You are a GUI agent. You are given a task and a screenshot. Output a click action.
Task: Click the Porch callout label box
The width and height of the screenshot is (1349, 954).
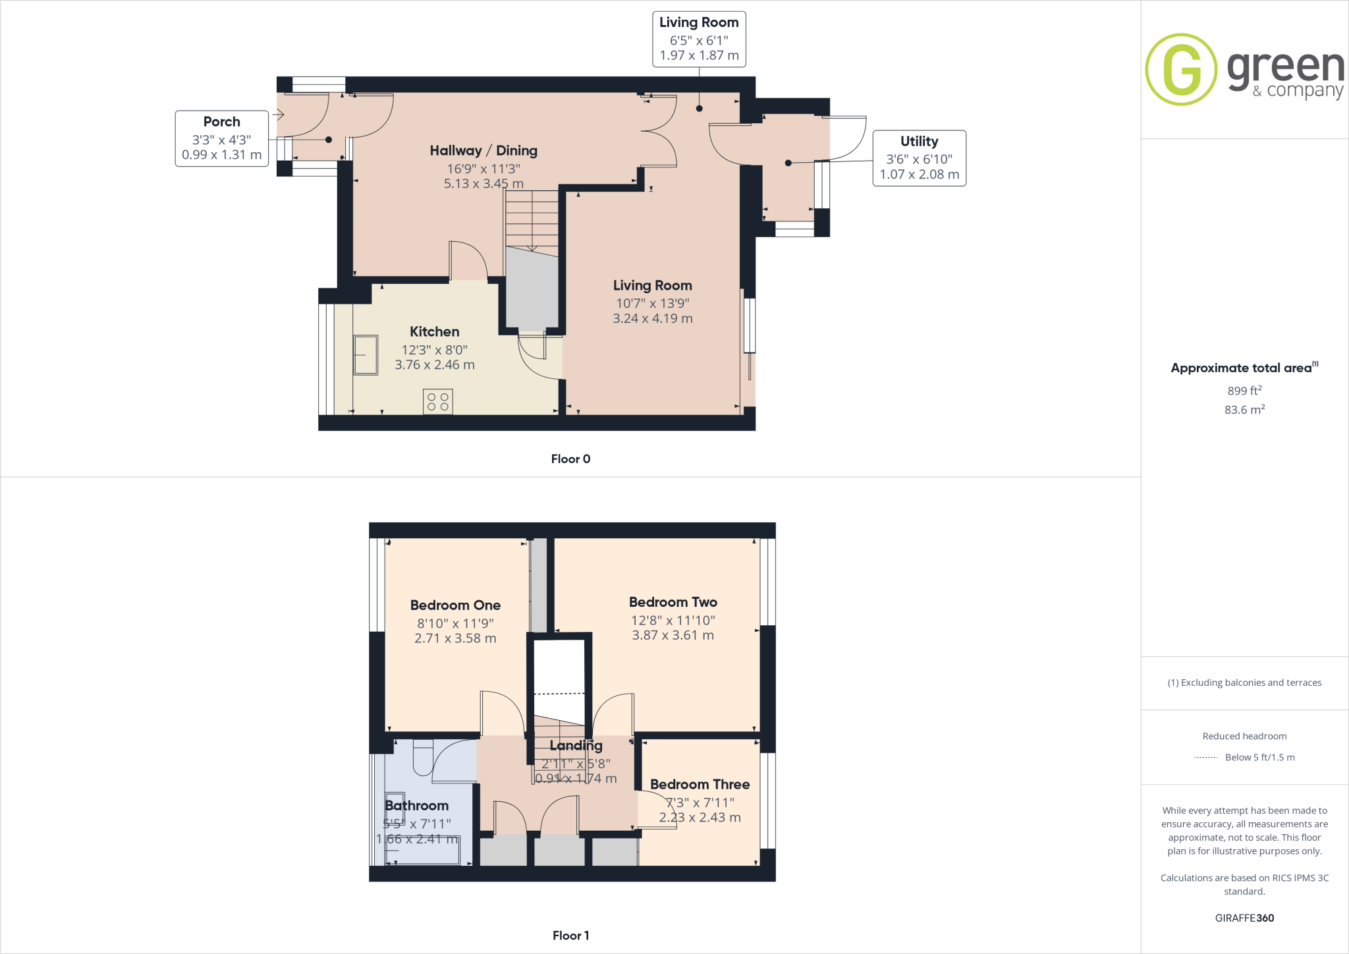point(221,138)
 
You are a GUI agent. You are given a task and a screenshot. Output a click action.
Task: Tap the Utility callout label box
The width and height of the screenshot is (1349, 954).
point(919,158)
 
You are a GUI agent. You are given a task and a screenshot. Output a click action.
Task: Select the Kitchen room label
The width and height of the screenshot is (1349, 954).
point(434,331)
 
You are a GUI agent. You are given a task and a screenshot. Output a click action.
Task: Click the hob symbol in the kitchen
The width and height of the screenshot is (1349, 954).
point(437,402)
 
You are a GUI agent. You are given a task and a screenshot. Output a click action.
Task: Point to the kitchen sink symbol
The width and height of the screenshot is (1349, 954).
point(366,355)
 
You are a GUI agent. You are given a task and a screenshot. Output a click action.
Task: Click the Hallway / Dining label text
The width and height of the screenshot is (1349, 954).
point(483,151)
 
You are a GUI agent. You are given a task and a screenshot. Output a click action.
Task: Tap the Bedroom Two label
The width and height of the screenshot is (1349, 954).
point(673,602)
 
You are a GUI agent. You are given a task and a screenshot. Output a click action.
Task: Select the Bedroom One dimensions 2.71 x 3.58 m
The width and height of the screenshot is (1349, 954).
point(455,638)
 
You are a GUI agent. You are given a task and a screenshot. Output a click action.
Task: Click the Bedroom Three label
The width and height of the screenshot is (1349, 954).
point(700,784)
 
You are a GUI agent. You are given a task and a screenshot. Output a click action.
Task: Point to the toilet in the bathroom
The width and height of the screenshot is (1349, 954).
point(423,758)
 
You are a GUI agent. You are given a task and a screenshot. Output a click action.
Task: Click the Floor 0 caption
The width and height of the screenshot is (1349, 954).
point(570,459)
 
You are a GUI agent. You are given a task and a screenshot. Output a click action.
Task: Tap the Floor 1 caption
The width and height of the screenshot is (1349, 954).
point(570,936)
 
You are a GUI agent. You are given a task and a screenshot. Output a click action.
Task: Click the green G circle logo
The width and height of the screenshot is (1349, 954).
point(1180,69)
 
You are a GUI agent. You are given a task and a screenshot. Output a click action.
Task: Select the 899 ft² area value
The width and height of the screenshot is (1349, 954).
point(1244,391)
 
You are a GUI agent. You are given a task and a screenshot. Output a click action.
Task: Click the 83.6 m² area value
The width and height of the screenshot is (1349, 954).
point(1244,410)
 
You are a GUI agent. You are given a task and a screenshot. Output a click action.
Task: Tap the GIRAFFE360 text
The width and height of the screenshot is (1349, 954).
point(1244,918)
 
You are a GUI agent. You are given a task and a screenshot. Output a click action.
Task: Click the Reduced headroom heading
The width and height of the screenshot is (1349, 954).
point(1244,736)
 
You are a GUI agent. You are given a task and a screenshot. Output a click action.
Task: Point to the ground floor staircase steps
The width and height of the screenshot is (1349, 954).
point(532,221)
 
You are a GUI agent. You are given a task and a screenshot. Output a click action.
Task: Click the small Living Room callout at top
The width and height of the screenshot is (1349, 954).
point(699,39)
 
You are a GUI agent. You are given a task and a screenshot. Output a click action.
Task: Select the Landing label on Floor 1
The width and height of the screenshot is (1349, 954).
point(576,745)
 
